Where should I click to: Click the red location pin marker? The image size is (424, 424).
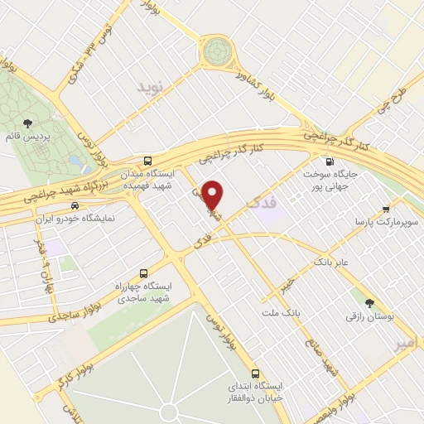pos(213,195)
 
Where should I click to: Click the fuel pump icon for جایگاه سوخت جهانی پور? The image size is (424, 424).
pos(330,161)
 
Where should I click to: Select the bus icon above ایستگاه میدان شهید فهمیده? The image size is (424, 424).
pos(147,161)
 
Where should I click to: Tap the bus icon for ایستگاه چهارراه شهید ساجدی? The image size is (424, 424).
pos(144,272)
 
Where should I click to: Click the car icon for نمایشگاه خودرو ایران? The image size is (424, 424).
pos(75,205)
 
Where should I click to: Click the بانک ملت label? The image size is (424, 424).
pos(301,315)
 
